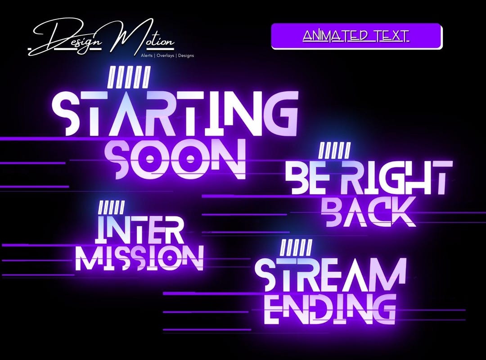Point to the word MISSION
[139, 258]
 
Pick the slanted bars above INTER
[111, 207]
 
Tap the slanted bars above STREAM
[296, 247]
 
